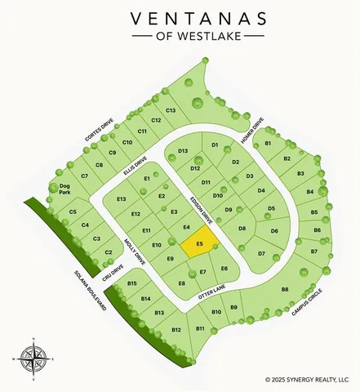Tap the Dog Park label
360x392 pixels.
64,189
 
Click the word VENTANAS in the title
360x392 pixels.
180,18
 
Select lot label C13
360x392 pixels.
171,110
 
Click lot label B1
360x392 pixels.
268,144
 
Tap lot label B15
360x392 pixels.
132,283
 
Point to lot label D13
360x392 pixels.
183,151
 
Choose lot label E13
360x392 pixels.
122,199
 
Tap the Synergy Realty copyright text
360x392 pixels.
312,379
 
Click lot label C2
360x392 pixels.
108,252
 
